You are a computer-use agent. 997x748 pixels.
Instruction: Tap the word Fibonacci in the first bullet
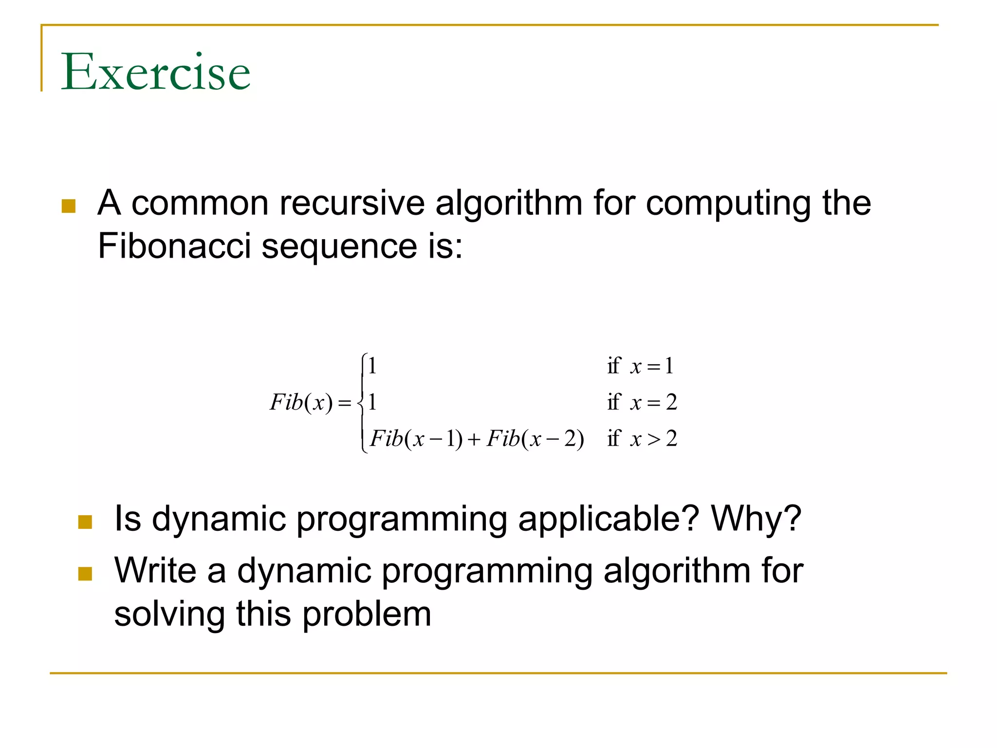(x=174, y=245)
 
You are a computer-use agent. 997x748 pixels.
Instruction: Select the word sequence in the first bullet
(x=339, y=246)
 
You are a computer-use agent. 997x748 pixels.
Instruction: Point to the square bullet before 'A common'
(x=69, y=206)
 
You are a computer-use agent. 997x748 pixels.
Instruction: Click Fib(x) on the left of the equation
(x=301, y=403)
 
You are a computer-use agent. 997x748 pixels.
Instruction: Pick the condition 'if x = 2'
(x=642, y=403)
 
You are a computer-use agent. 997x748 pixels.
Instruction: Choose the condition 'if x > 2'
(x=642, y=439)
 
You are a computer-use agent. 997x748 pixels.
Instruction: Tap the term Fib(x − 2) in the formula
(x=535, y=439)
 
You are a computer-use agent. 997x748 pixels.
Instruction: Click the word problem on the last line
(x=367, y=615)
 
